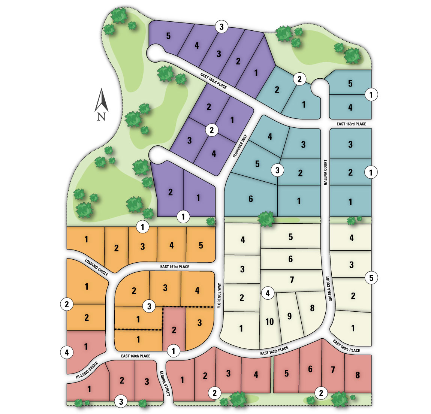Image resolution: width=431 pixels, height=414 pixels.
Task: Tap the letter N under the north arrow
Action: tap(101, 117)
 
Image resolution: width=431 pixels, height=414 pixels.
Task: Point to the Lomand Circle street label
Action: tap(96, 268)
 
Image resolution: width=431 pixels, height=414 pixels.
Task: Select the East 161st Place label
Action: tap(175, 267)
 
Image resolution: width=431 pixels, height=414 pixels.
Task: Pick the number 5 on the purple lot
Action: tap(168, 36)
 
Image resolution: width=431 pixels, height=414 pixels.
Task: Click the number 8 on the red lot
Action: tap(358, 375)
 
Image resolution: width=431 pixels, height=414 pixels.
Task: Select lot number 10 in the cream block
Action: tap(269, 321)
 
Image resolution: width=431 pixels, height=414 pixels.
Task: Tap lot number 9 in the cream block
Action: tap(289, 316)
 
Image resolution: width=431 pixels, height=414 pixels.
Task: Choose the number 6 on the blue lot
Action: tap(251, 199)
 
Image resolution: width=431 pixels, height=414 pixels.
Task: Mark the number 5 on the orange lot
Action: tap(201, 245)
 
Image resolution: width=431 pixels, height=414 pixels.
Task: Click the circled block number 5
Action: tap(371, 278)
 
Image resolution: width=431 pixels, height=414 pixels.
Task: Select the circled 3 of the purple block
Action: tap(222, 27)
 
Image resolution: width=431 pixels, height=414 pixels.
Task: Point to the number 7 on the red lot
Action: tap(332, 370)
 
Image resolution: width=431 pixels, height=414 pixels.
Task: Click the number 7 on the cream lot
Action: tap(292, 279)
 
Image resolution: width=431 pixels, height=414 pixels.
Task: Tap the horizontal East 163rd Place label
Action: tap(351, 124)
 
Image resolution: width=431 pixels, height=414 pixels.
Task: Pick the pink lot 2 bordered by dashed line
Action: tap(174, 330)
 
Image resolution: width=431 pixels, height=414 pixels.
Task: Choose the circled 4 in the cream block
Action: tap(268, 293)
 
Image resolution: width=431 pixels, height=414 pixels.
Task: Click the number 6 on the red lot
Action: tap(310, 369)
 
